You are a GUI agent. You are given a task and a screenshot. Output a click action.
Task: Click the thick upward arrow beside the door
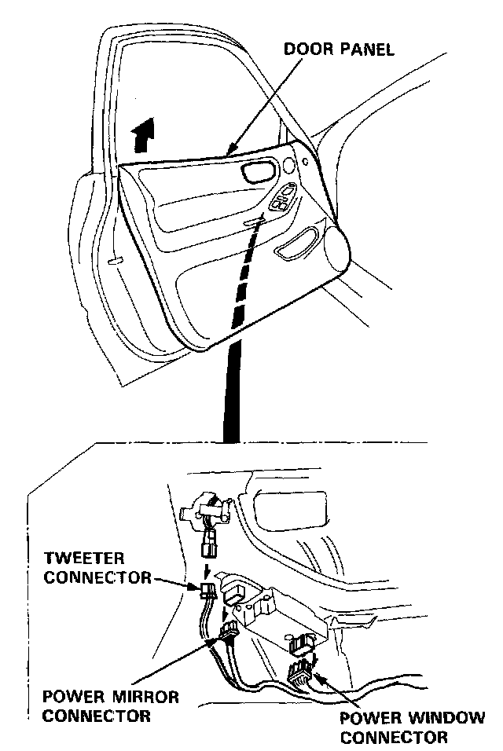(143, 137)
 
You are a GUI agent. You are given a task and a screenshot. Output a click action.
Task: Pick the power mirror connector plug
(230, 631)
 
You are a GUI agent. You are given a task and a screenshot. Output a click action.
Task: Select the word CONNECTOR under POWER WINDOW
(395, 737)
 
